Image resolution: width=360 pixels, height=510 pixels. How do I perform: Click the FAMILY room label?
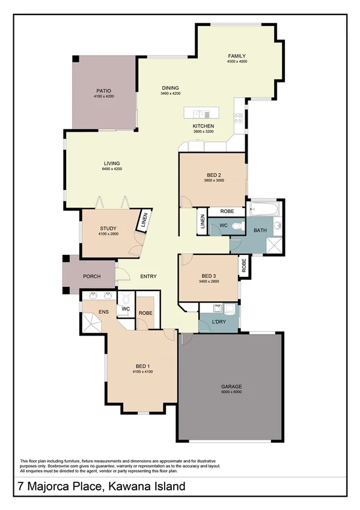pyautogui.click(x=237, y=56)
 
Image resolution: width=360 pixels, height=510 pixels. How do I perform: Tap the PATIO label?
pyautogui.click(x=103, y=91)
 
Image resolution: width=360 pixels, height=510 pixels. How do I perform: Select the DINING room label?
pyautogui.click(x=170, y=88)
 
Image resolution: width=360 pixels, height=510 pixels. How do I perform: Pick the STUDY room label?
pyautogui.click(x=108, y=228)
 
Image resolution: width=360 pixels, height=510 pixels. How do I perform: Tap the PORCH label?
pyautogui.click(x=91, y=277)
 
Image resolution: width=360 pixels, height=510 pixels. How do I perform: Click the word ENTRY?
pyautogui.click(x=148, y=277)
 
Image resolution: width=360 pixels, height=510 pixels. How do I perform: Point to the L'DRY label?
pyautogui.click(x=219, y=322)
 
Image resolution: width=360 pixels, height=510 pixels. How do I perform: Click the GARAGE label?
pyautogui.click(x=230, y=387)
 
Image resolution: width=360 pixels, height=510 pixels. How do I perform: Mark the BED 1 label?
pyautogui.click(x=142, y=366)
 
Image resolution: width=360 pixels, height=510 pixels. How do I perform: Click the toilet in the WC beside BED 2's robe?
pyautogui.click(x=240, y=226)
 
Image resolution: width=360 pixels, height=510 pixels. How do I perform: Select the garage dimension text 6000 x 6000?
pyautogui.click(x=230, y=392)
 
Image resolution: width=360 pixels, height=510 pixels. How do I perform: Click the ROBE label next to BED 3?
pyautogui.click(x=244, y=266)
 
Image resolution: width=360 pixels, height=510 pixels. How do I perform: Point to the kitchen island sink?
pyautogui.click(x=200, y=113)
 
